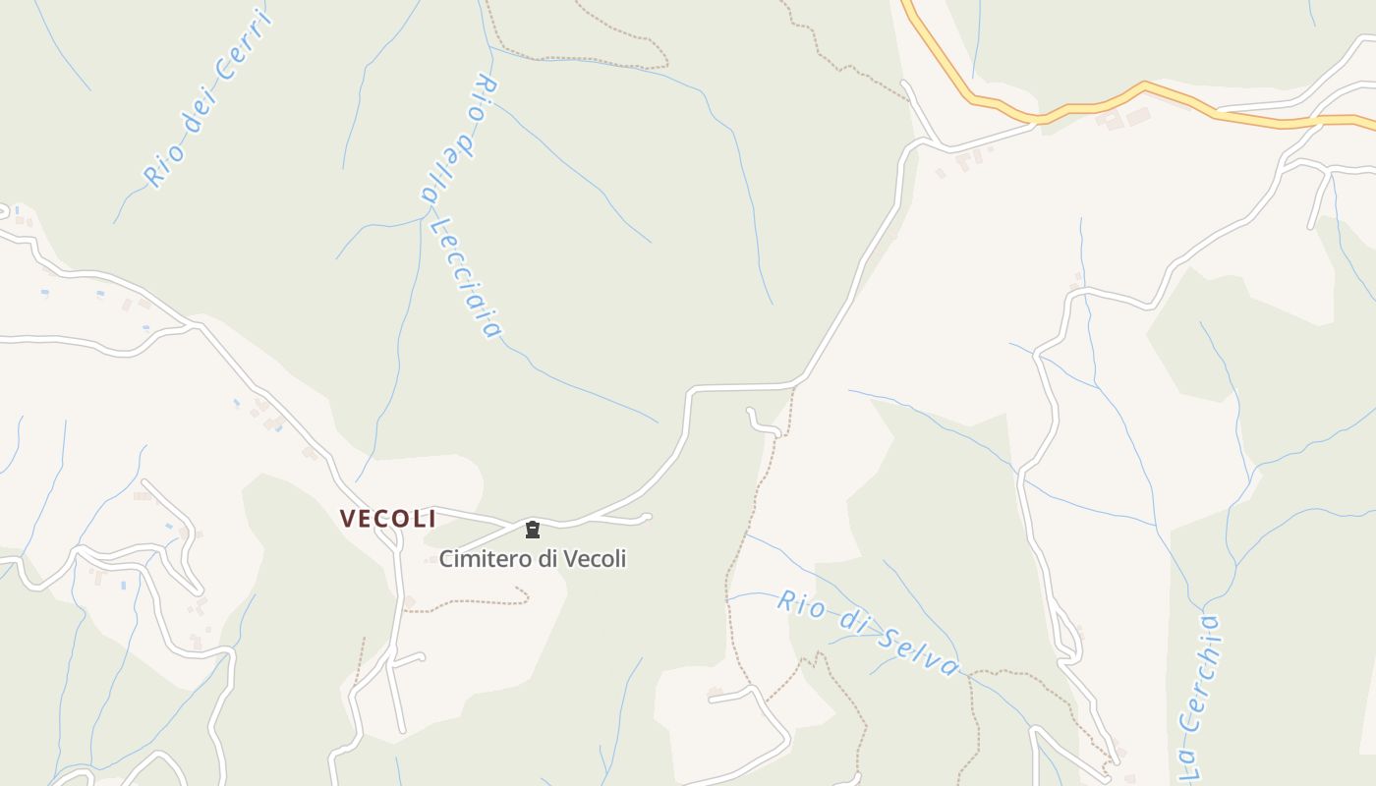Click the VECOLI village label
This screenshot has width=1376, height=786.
pyautogui.click(x=387, y=518)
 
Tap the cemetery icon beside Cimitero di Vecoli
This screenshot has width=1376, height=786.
pyautogui.click(x=533, y=531)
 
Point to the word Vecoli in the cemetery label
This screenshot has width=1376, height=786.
pyautogui.click(x=595, y=559)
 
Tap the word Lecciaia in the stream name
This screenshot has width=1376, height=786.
pyautogui.click(x=467, y=278)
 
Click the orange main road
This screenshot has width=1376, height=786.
pyautogui.click(x=1081, y=105)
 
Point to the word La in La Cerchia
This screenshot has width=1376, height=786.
pyautogui.click(x=1186, y=760)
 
